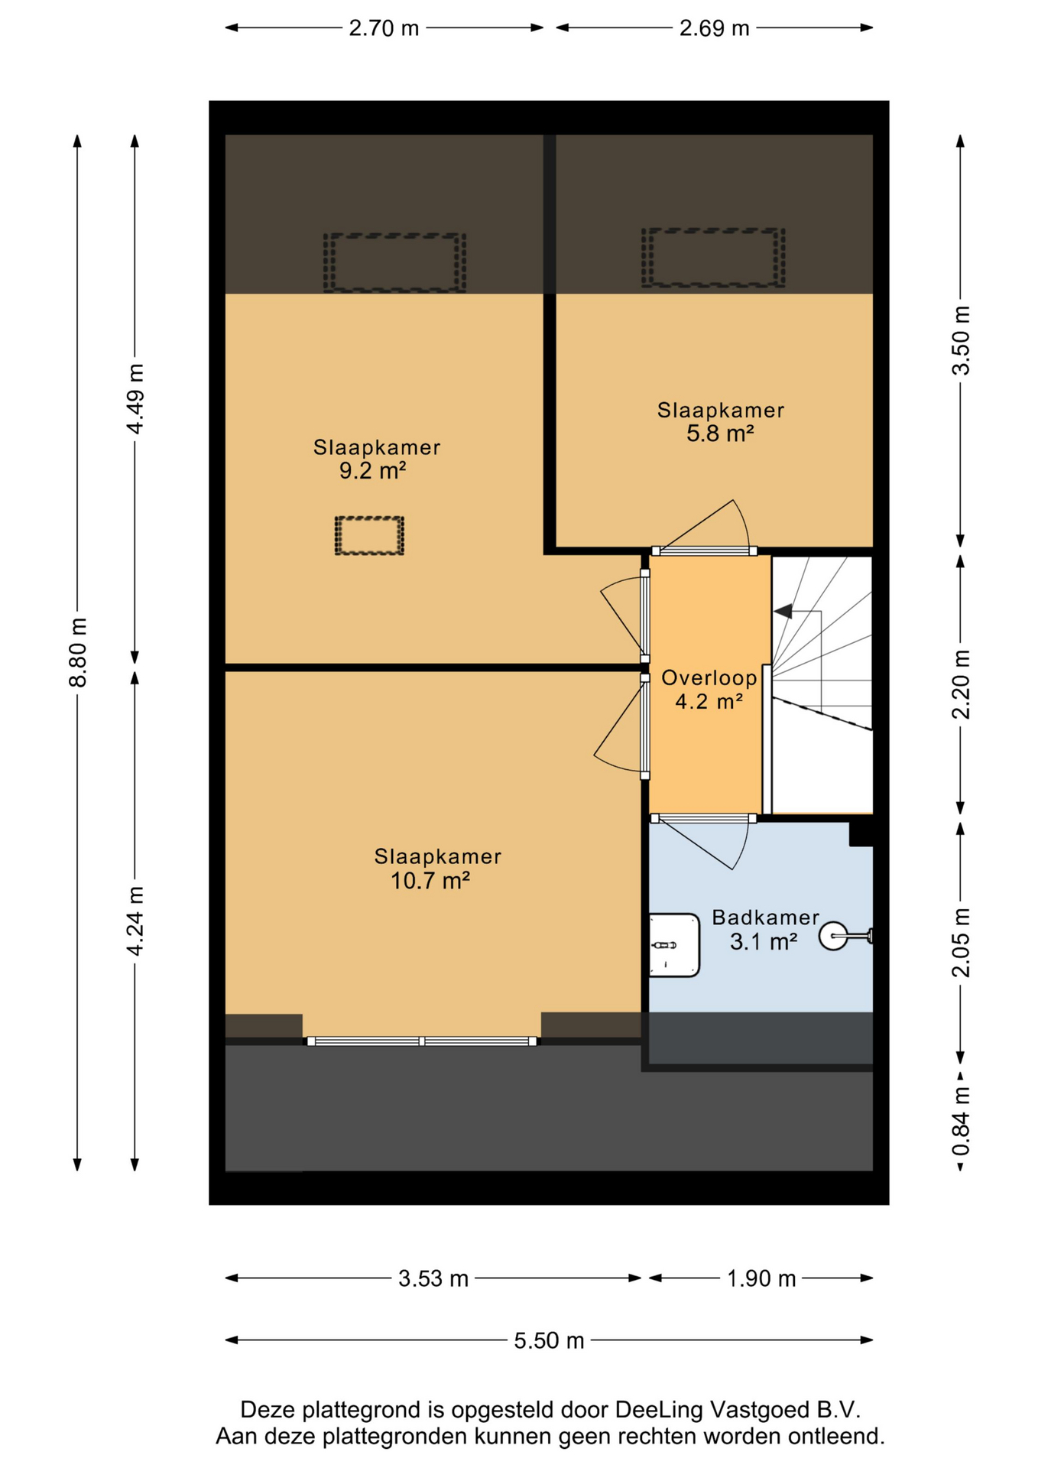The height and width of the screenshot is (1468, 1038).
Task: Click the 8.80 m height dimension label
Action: (x=77, y=652)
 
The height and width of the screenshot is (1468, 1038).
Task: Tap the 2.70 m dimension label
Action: (x=384, y=28)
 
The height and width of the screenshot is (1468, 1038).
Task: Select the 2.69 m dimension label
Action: (x=714, y=28)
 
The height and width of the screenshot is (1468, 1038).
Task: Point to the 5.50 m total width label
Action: (x=549, y=1340)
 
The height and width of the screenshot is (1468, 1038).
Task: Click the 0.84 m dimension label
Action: (x=961, y=1122)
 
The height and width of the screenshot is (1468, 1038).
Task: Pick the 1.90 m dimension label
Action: (x=761, y=1278)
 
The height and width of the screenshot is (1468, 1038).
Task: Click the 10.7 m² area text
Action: (x=430, y=881)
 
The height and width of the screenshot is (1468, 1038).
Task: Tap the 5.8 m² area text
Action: (x=720, y=434)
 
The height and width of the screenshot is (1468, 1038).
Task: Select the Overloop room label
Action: (x=709, y=677)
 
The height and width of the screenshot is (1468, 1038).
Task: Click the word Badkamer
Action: (x=765, y=917)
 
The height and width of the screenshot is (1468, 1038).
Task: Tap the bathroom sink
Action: (x=673, y=945)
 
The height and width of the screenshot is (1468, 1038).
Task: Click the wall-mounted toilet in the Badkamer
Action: (x=845, y=935)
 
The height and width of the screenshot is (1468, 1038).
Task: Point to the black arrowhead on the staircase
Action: (x=783, y=611)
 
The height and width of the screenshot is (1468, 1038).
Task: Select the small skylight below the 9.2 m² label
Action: (x=369, y=535)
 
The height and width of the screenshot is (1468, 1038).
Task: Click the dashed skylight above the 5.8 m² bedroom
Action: (x=713, y=258)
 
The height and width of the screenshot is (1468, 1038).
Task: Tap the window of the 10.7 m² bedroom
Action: (x=422, y=1041)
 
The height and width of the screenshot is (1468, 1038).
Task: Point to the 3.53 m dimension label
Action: (x=433, y=1278)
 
